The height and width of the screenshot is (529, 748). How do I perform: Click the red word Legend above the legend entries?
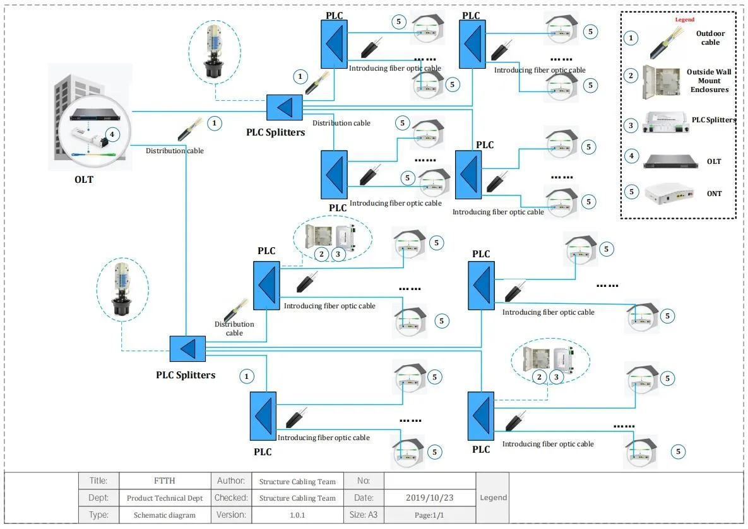[684, 20]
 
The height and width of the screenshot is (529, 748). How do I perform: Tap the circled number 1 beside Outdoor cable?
[630, 38]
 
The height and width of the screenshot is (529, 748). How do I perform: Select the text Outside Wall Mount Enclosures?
[708, 81]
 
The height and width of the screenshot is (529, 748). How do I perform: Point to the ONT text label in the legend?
[714, 194]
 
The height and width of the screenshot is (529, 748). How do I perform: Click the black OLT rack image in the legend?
[669, 161]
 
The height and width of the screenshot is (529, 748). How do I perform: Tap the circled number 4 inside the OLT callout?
[112, 134]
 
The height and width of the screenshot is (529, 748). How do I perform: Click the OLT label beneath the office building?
[83, 180]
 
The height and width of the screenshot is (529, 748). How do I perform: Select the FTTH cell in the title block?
[164, 480]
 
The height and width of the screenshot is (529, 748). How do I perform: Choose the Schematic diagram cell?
[164, 514]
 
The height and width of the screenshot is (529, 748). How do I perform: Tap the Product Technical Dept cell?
[164, 497]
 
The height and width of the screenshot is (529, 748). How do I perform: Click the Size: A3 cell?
[364, 514]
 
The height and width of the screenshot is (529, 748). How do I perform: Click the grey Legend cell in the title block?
[493, 497]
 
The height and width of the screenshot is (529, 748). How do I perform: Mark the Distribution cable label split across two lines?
[234, 328]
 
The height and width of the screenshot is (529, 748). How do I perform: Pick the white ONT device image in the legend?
[667, 194]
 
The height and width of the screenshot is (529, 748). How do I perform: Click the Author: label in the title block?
[230, 480]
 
